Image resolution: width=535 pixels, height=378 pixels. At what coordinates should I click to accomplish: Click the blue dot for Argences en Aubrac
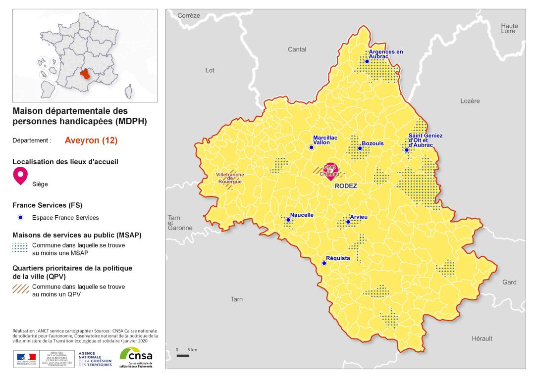click(x=367, y=61)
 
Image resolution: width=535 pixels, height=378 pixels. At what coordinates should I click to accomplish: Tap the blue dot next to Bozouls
click(x=360, y=148)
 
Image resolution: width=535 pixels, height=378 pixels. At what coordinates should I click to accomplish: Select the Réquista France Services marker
click(x=324, y=263)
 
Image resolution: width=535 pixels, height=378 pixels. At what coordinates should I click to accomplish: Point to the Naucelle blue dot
click(x=288, y=220)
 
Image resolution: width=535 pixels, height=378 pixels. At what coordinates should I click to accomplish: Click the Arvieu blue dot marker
click(x=348, y=222)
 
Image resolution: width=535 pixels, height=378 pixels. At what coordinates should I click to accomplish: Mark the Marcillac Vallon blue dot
click(x=311, y=147)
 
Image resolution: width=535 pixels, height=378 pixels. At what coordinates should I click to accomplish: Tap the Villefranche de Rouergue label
click(x=229, y=178)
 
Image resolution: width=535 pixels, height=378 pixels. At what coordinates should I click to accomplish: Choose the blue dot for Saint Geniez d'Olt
click(x=407, y=150)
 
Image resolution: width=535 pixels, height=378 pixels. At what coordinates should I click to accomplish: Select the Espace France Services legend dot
click(x=20, y=217)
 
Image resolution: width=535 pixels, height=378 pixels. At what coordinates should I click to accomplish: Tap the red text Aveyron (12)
click(x=91, y=140)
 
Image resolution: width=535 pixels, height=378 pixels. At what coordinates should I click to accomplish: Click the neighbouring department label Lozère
click(x=470, y=101)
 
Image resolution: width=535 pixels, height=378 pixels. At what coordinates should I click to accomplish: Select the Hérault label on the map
click(x=481, y=338)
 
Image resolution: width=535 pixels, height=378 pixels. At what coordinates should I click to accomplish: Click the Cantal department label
click(x=297, y=49)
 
